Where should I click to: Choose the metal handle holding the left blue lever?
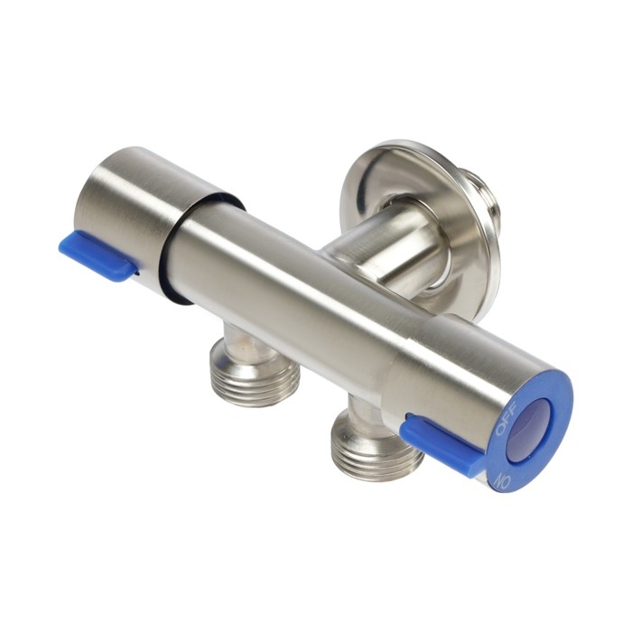(x=144, y=217)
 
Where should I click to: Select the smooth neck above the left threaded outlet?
(x=242, y=336)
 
